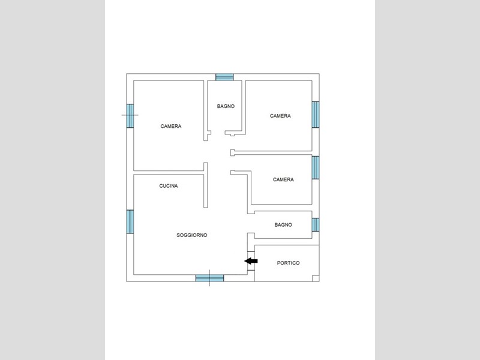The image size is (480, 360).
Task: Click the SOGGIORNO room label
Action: click(x=191, y=235)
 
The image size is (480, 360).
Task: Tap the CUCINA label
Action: click(x=169, y=186)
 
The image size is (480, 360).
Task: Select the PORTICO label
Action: click(x=288, y=263)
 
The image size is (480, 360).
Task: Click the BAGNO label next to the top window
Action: click(x=226, y=106)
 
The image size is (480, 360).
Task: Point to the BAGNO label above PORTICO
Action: click(x=283, y=224)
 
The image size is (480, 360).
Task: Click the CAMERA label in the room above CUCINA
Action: click(x=171, y=126)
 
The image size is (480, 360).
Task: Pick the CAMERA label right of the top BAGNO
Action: click(x=280, y=116)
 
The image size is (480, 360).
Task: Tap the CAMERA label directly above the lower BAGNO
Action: click(x=283, y=179)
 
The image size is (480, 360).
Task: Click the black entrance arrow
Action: click(x=251, y=261)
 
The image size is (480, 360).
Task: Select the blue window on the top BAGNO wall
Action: click(x=224, y=77)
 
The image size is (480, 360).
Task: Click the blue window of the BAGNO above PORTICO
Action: click(x=316, y=224)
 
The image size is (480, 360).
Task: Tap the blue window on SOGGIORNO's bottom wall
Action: click(x=209, y=278)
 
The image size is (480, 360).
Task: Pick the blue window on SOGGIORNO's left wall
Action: click(x=130, y=221)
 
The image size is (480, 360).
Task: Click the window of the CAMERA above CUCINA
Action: click(x=130, y=116)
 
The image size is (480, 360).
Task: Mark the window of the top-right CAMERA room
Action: click(x=316, y=115)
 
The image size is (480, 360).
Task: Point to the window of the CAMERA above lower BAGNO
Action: click(x=316, y=167)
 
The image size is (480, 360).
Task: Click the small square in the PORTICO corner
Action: click(x=316, y=278)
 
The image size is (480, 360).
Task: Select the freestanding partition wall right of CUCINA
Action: click(x=206, y=185)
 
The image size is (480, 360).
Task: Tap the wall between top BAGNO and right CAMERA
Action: click(x=244, y=107)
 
